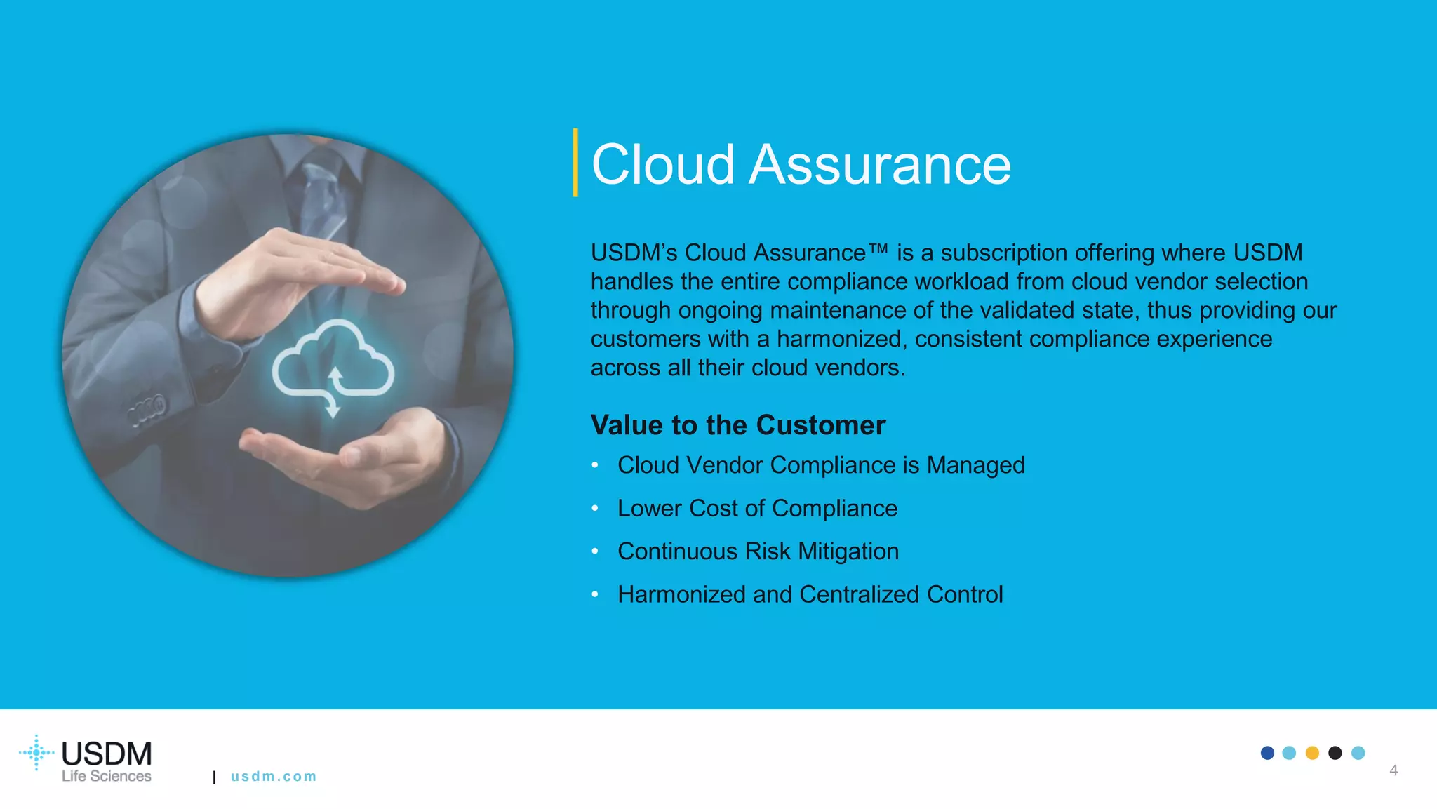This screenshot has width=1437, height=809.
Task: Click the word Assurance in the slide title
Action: pos(880,165)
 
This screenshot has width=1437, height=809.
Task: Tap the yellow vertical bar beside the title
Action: pos(575,162)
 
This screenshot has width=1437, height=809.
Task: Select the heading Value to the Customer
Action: pos(737,425)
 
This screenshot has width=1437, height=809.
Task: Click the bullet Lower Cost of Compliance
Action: pos(757,508)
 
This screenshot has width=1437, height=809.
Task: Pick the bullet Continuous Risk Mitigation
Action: pos(758,551)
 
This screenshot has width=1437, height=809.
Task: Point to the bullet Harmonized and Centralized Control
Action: pos(810,594)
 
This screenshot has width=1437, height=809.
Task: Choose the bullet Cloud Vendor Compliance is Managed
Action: pos(821,465)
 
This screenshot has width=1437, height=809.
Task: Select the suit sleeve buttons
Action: pos(147,410)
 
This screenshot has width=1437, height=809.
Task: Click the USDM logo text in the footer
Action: pos(107,754)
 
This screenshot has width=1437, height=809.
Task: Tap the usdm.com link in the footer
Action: pos(274,777)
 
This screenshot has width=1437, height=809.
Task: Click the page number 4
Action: pos(1393,770)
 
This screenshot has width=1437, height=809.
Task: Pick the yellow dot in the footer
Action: pos(1312,753)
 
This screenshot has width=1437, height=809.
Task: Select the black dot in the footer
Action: pos(1335,753)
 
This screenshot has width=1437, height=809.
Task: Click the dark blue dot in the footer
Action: pos(1267,753)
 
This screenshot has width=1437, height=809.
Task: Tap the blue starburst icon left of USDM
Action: pos(36,753)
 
